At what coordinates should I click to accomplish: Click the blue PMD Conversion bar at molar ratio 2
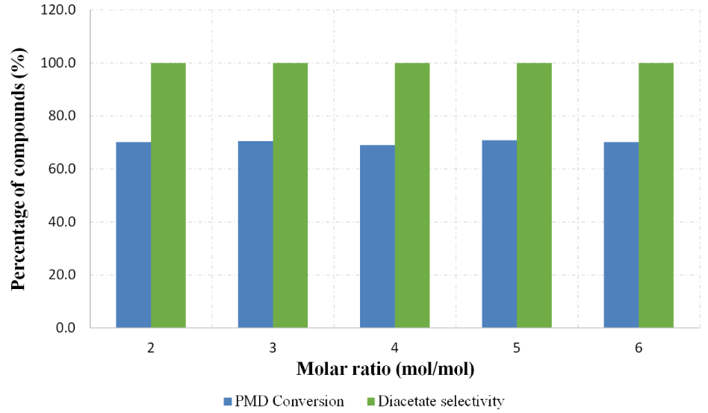(x=134, y=235)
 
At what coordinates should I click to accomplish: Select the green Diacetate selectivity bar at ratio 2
(x=168, y=195)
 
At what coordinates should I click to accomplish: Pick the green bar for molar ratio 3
(x=290, y=195)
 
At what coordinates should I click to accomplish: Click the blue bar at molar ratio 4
(x=377, y=236)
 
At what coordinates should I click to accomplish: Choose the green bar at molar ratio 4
(x=412, y=195)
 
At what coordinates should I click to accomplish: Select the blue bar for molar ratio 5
(x=499, y=234)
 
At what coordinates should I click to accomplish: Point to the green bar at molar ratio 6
(x=656, y=195)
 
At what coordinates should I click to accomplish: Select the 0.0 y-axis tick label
(x=66, y=328)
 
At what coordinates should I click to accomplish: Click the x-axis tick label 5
(x=517, y=348)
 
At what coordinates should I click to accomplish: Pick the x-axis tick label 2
(x=151, y=348)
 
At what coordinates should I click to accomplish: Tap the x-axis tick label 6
(x=639, y=348)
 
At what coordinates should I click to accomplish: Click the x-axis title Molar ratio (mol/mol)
(x=385, y=369)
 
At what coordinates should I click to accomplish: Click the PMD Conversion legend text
(x=290, y=402)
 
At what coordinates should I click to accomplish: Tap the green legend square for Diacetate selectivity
(x=371, y=402)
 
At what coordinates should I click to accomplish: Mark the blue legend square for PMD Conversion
(x=228, y=402)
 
